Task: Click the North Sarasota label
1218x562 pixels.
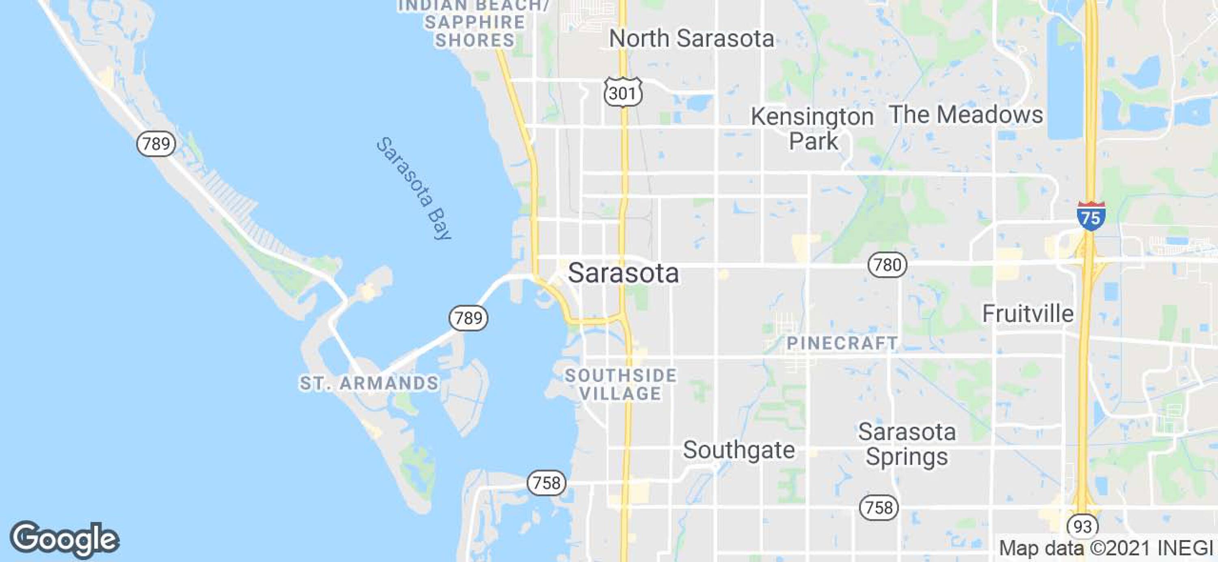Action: tap(691, 38)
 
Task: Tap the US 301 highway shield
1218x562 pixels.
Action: tap(623, 92)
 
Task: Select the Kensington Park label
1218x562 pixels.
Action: tap(812, 129)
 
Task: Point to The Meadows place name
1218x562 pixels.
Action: tap(965, 115)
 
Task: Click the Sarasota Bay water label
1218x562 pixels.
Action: tap(414, 188)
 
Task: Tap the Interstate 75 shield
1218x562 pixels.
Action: tap(1091, 216)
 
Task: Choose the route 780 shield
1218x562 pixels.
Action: tap(888, 264)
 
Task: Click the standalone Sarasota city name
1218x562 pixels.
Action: tap(623, 273)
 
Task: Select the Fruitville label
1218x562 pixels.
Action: tap(1028, 313)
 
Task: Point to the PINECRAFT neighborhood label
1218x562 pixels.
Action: tap(842, 343)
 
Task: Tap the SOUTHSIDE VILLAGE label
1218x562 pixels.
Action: tap(621, 384)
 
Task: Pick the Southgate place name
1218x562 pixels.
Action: tap(739, 450)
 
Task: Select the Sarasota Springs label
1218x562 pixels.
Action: tap(907, 444)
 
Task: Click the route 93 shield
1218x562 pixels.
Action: tap(1082, 526)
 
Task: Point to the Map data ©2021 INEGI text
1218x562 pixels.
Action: tap(1106, 548)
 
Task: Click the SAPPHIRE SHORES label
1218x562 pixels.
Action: tap(474, 31)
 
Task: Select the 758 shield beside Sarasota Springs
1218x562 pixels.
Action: tap(879, 508)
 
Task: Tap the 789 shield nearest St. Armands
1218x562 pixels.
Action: tap(468, 318)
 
